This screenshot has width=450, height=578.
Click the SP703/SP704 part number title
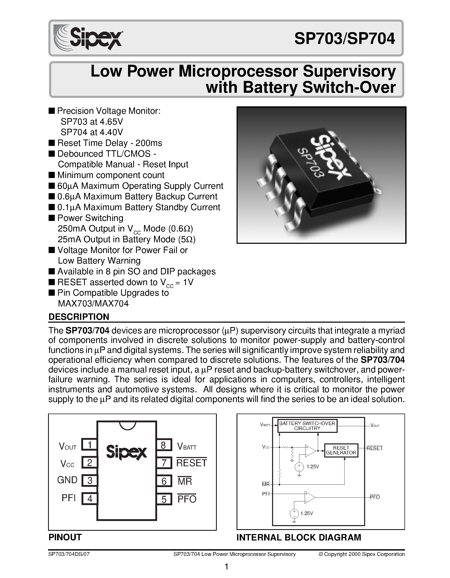[345, 39]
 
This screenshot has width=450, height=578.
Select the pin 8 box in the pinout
[164, 445]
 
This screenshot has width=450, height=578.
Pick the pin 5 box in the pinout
[164, 499]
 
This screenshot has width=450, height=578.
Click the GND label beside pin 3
[67, 480]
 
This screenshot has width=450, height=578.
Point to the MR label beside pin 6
[185, 481]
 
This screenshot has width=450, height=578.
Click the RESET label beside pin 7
[192, 463]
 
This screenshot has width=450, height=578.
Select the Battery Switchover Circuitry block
[307, 426]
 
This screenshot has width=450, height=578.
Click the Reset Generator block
[341, 450]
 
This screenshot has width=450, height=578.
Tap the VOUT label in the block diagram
[375, 426]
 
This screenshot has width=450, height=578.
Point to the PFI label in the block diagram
[266, 494]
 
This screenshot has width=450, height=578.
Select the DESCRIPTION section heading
[79, 317]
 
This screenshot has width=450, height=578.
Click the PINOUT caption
[65, 537]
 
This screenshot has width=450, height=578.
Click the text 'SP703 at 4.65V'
[92, 122]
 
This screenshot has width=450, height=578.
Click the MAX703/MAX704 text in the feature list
[93, 304]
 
